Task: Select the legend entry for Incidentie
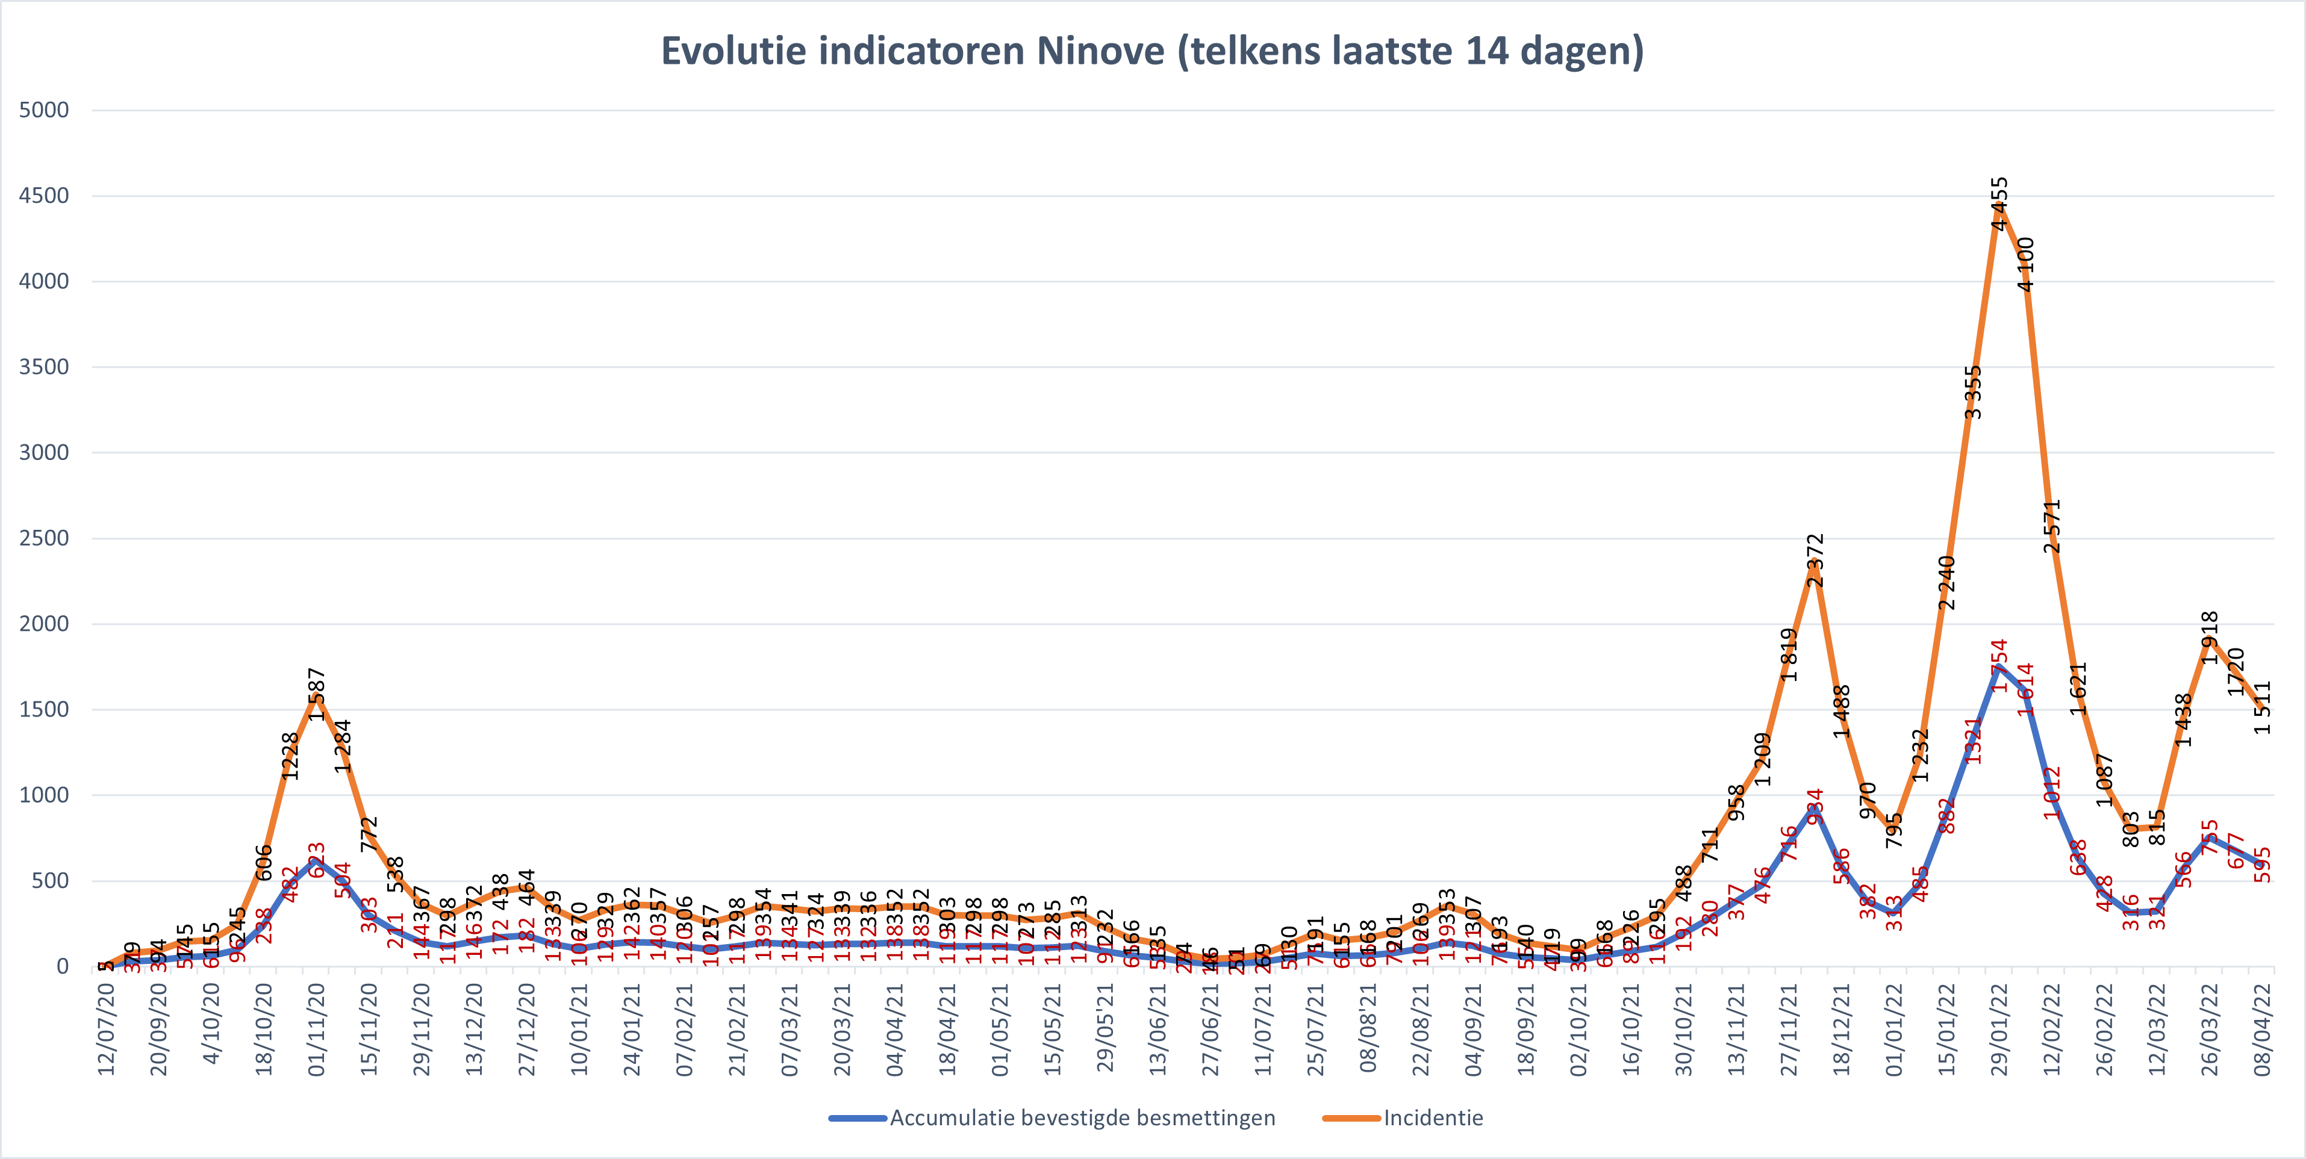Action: coord(1432,1118)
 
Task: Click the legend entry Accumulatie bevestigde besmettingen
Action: coord(1082,1118)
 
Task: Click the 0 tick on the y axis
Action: coord(62,966)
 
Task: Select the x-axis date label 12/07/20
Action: coord(105,1029)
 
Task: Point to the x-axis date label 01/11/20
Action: coord(316,1029)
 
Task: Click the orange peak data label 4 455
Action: coord(1999,204)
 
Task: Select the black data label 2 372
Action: coord(1815,561)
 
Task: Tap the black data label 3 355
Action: coord(1973,392)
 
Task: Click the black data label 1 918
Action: coord(2209,637)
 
